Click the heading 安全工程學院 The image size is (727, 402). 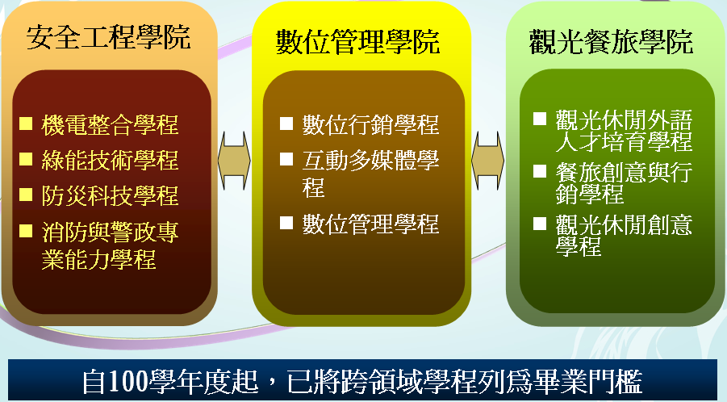coord(108,37)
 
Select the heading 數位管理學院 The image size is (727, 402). coord(357,42)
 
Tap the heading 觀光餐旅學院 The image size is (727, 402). coord(611,42)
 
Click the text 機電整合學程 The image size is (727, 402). coord(110,125)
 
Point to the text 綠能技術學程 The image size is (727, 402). coord(110,160)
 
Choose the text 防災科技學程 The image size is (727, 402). coord(110,195)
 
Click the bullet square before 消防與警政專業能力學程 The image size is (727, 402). coord(26,230)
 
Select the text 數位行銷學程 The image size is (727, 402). coord(370,125)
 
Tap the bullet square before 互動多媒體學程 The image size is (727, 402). coord(286,159)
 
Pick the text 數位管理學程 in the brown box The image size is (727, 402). coord(370,224)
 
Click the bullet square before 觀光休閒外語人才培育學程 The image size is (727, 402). coord(540,119)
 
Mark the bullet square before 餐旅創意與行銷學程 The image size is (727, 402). coord(540,171)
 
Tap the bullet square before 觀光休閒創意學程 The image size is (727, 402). coord(540,224)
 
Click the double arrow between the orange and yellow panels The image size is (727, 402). coord(234,161)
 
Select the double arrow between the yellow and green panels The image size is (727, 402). coord(487,161)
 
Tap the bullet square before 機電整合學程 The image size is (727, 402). coord(26,124)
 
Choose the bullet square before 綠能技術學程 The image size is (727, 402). coord(26,159)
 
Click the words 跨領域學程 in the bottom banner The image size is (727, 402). coord(408,382)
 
